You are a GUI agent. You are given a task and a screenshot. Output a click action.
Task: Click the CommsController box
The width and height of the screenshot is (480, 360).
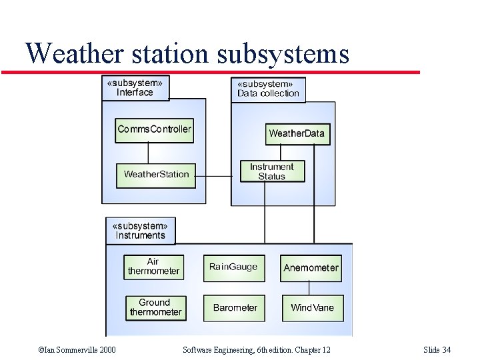pos(154,129)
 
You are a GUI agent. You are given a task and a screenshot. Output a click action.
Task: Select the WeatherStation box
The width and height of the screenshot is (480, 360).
pos(156,175)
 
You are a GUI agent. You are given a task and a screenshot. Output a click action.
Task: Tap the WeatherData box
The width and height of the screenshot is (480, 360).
pos(297,133)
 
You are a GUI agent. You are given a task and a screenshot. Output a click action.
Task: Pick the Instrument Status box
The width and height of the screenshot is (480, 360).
pos(272,171)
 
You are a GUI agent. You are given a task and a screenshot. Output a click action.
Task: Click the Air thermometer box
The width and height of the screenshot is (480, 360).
pos(153,267)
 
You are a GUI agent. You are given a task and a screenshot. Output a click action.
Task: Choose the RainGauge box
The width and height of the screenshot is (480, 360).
pos(233,267)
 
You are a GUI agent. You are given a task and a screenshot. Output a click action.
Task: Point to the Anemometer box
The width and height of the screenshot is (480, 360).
pos(311,267)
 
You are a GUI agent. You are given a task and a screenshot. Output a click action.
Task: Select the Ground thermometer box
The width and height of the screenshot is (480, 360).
pos(155,307)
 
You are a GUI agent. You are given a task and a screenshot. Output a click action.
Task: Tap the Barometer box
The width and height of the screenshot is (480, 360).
pos(234,308)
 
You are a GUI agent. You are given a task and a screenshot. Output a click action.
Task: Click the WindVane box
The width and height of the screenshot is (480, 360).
pos(312,308)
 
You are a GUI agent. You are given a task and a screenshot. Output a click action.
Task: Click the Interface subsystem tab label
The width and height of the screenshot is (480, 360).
pos(135,88)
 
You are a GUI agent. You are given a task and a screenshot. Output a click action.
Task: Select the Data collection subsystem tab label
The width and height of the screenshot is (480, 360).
pos(268,89)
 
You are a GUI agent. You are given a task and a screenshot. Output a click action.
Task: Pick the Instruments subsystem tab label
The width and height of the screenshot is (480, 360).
pos(141,231)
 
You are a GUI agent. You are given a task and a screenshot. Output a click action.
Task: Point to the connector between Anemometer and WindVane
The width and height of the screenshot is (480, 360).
pos(309,287)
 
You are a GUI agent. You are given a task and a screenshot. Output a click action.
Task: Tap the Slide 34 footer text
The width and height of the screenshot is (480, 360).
pos(437,350)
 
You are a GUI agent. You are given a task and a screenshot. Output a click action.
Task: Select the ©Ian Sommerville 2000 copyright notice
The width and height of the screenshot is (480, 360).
pos(77,350)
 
